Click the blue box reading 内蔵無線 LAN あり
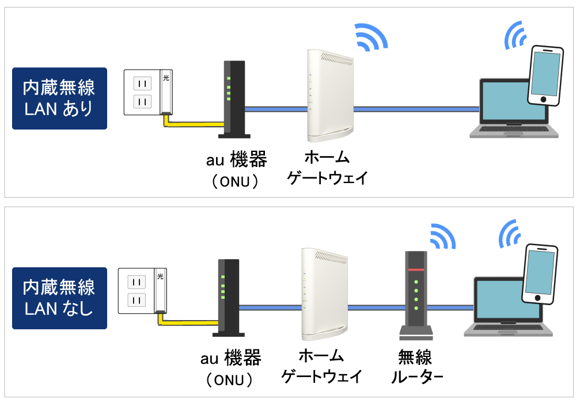[59, 98]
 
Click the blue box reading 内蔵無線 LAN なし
[59, 298]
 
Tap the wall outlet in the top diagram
[149, 92]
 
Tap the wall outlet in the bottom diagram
[142, 291]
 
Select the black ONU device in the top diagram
[234, 99]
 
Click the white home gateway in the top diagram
[330, 96]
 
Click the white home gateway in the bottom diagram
[324, 294]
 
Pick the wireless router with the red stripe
[416, 295]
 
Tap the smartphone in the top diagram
[545, 75]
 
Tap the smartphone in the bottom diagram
[540, 274]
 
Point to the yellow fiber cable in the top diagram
[194, 124]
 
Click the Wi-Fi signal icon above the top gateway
[371, 37]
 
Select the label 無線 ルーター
[416, 367]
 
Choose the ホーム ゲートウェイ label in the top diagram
[327, 168]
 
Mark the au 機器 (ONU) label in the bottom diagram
[231, 368]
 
